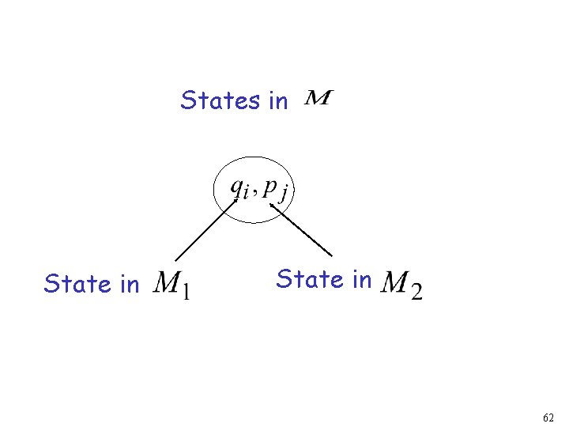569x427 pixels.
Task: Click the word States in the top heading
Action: click(220, 100)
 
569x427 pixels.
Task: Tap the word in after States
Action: click(278, 101)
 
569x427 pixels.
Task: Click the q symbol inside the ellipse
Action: click(236, 187)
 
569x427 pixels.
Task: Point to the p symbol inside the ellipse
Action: click(269, 187)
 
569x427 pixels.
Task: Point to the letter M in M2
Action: click(395, 282)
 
